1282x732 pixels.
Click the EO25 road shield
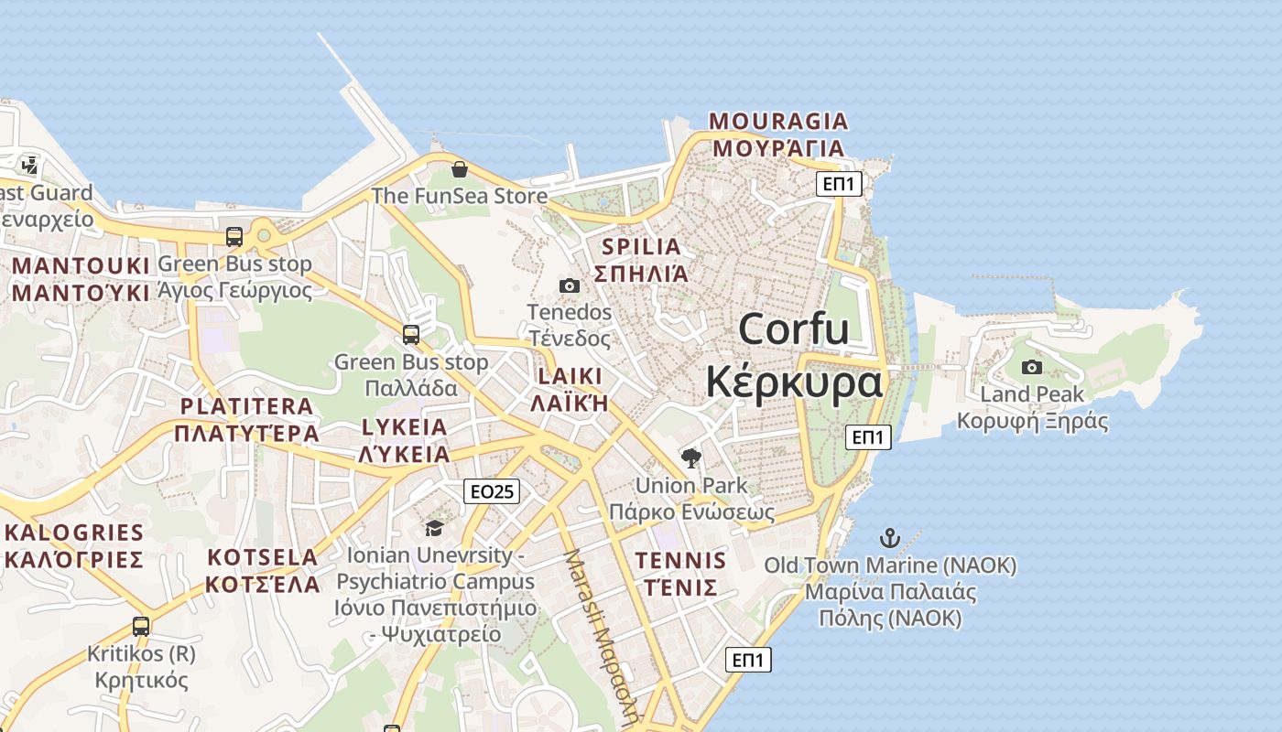492,491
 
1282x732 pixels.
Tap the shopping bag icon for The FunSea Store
460,169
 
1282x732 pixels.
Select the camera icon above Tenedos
569,285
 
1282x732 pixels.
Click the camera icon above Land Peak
1032,367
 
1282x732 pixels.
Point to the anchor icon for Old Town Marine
890,538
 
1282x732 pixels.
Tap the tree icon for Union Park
691,457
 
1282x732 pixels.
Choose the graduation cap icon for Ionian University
434,528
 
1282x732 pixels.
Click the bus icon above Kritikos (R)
141,627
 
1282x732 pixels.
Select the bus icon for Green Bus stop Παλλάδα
411,335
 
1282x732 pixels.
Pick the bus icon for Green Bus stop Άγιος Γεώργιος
234,237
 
